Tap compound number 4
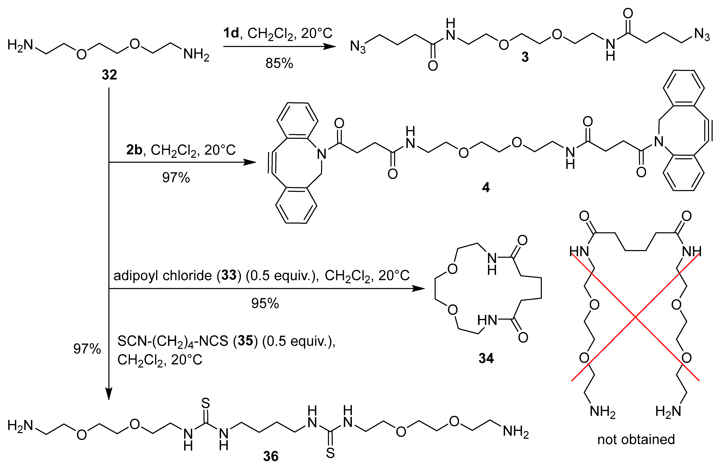[x=486, y=188]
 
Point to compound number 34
[x=486, y=358]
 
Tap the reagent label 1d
[x=231, y=33]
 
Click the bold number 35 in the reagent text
[x=245, y=341]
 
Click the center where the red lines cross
[x=635, y=317]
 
